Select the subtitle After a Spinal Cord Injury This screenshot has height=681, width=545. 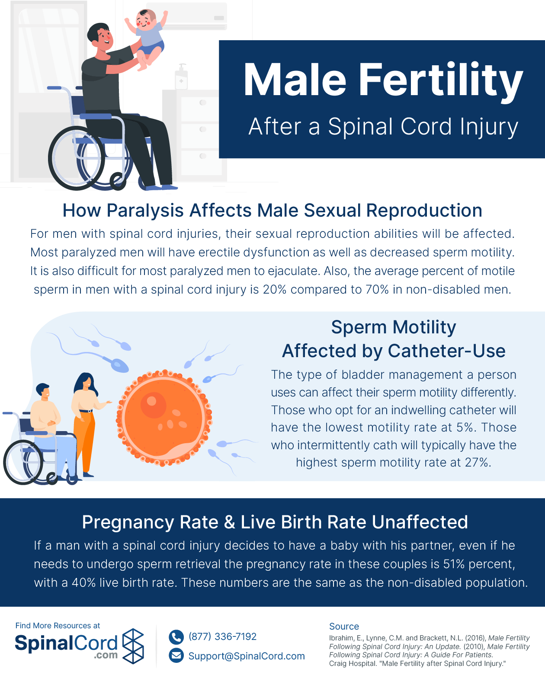[383, 127]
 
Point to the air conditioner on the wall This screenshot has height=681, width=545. [187, 16]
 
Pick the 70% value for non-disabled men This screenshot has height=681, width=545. [377, 290]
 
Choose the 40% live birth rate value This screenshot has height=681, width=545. [84, 582]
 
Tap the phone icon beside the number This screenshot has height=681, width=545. [176, 637]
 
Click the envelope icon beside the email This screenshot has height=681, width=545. [176, 655]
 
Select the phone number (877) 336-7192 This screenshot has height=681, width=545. [222, 636]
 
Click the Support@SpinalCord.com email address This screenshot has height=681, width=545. [247, 656]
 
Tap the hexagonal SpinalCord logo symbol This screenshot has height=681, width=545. [133, 646]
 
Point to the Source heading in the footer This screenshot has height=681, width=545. [344, 626]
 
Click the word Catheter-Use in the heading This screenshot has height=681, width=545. [446, 351]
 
